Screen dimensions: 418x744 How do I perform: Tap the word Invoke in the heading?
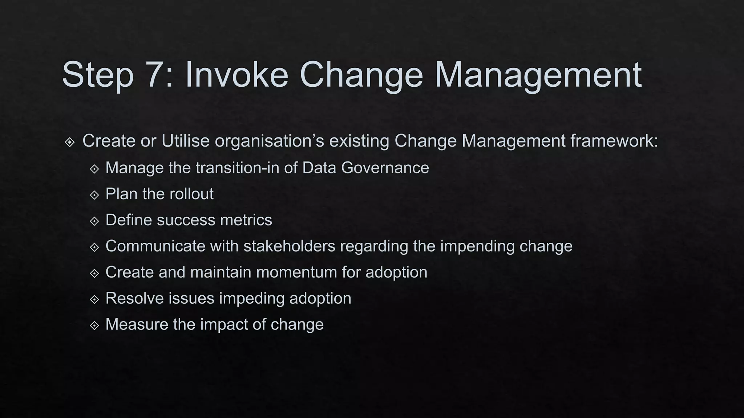[x=236, y=75]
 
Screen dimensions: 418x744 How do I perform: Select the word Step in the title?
[x=98, y=75]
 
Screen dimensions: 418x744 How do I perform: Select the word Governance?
[x=385, y=168]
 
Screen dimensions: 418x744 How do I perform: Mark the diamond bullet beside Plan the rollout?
[x=94, y=195]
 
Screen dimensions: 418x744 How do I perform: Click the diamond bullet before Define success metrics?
[x=94, y=221]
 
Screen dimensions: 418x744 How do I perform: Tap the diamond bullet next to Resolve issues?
[x=94, y=300]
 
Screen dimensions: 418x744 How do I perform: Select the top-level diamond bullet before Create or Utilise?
[x=70, y=142]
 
